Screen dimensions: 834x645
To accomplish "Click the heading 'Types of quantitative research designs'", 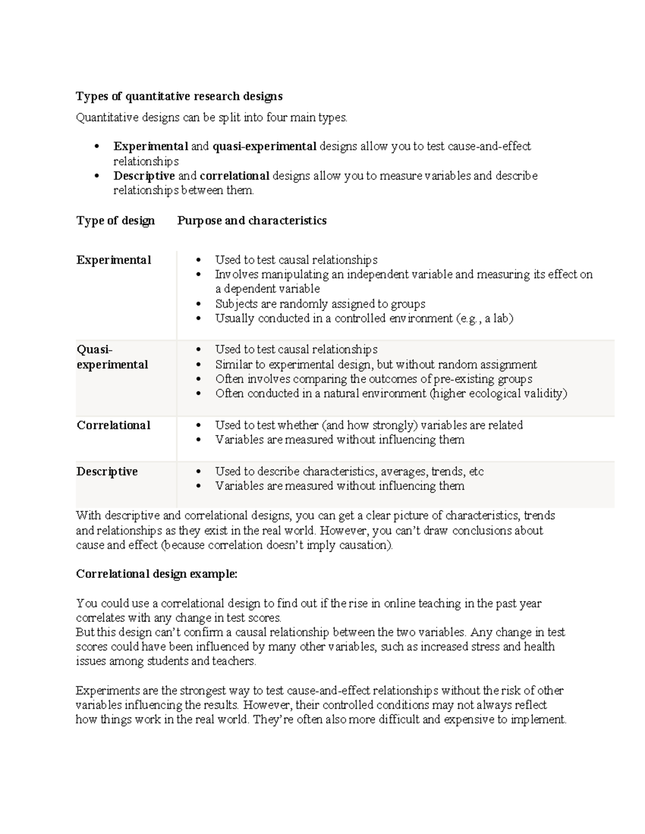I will tap(179, 96).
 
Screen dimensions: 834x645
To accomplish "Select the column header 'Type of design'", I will tap(116, 221).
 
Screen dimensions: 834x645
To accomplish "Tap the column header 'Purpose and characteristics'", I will tap(252, 221).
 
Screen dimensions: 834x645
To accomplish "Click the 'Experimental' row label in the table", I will tap(113, 260).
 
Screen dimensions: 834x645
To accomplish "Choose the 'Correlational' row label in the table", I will tap(113, 425).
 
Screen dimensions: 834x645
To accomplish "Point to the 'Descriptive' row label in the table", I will tap(107, 472).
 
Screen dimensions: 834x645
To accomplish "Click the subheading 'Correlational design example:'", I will tap(156, 574).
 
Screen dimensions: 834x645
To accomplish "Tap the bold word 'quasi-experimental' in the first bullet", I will tap(264, 147).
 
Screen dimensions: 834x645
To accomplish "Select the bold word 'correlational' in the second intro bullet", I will tap(234, 176).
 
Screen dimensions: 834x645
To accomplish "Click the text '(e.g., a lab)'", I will tap(484, 318).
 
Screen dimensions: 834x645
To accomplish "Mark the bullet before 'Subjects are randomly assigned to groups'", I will tap(199, 304).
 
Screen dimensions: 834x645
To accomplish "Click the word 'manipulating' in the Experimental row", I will tap(290, 274).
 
